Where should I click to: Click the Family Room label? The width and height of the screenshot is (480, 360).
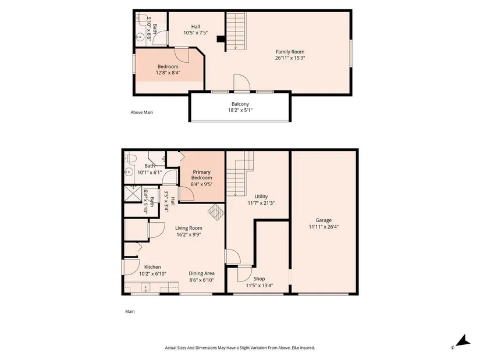290,52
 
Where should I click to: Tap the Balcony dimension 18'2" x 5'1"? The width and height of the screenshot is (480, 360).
240,110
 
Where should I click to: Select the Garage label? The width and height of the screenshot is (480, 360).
323,220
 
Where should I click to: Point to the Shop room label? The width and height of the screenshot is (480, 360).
259,279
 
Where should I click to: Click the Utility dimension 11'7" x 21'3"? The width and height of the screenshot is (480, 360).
261,203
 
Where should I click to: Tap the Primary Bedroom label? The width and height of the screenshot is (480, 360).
201,175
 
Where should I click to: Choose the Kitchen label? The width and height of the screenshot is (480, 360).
152,267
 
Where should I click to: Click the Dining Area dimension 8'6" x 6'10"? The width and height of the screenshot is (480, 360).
201,280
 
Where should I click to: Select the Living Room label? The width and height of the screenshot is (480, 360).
189,228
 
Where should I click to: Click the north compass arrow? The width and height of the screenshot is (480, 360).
463,341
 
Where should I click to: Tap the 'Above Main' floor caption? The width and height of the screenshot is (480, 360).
142,112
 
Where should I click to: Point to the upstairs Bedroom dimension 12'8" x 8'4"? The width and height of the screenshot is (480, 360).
168,73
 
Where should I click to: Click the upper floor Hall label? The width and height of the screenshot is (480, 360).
195,27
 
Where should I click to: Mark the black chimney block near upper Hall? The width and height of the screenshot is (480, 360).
221,39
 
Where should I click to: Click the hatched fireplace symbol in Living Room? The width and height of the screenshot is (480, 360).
216,212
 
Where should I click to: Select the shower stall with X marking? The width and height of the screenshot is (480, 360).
133,194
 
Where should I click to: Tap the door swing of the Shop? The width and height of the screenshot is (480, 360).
244,275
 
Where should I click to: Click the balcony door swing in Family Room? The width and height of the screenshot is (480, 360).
242,83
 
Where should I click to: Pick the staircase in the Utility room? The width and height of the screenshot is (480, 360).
240,173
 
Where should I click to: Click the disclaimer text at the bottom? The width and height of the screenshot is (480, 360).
240,348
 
